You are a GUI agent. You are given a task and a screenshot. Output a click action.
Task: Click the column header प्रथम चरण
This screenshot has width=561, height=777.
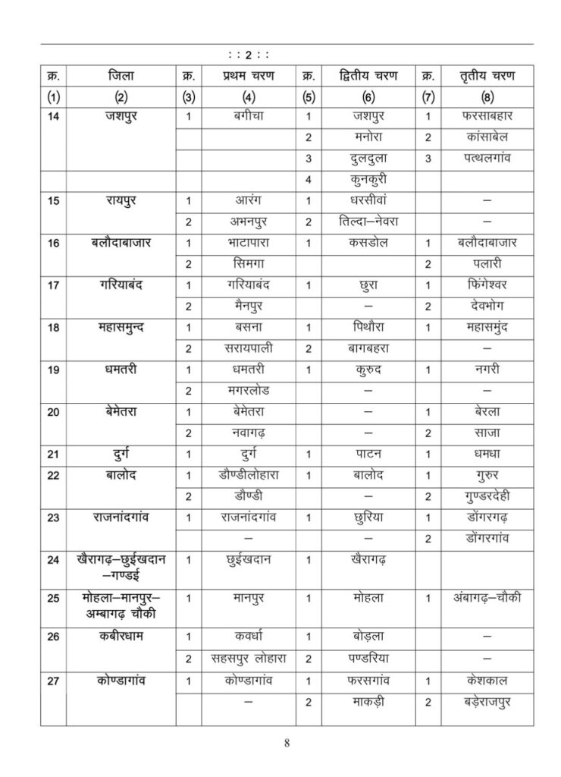coord(249,76)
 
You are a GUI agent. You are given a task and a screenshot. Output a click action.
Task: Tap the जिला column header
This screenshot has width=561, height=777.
coord(121,76)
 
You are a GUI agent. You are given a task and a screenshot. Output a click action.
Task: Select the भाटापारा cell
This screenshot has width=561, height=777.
coord(249,244)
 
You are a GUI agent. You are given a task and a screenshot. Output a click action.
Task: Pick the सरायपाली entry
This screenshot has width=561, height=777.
coord(249,348)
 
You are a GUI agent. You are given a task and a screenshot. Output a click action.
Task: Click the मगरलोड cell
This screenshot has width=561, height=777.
coord(249,390)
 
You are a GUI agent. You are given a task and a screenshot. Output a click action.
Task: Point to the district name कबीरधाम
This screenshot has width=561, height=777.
coord(121,636)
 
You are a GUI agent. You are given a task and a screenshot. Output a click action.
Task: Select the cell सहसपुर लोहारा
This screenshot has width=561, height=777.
coord(249,656)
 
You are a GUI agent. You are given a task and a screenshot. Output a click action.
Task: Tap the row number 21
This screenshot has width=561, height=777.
coord(53,454)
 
